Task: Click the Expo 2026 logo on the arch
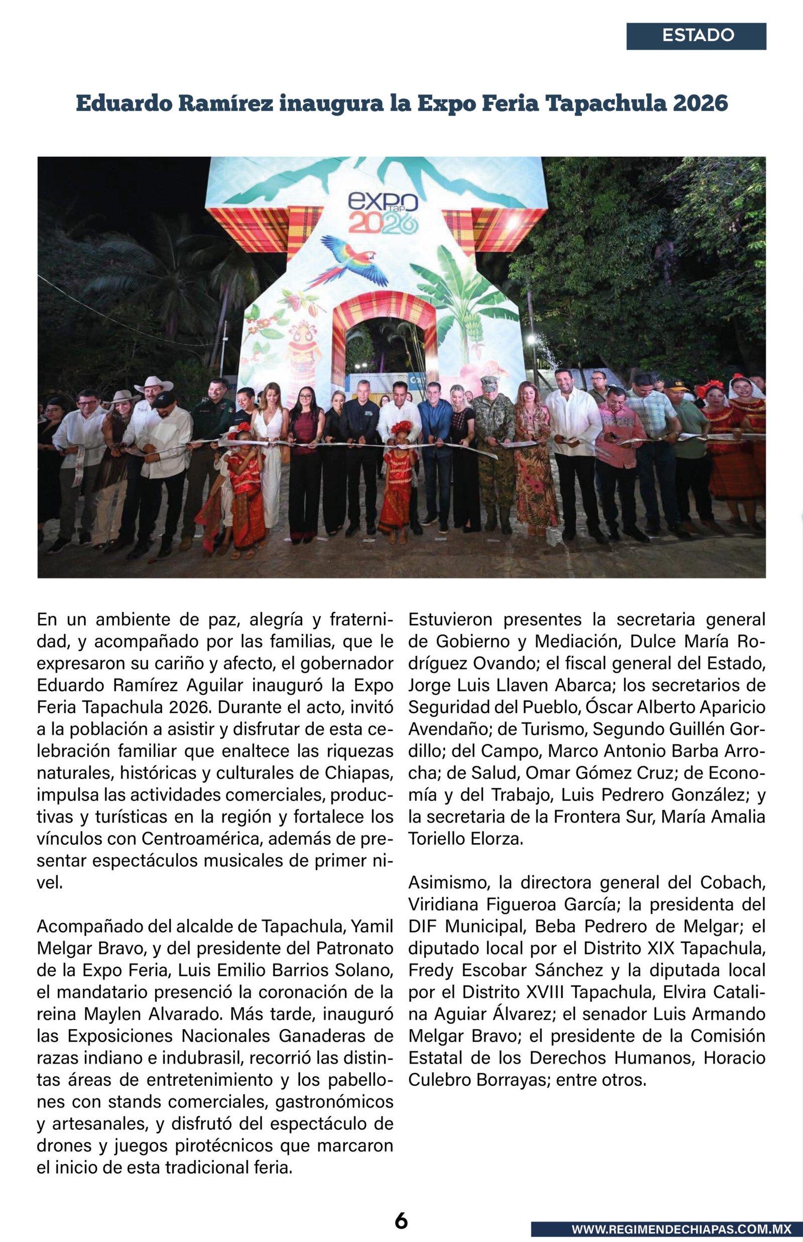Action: pos(383,213)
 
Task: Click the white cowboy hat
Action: pos(153,384)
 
